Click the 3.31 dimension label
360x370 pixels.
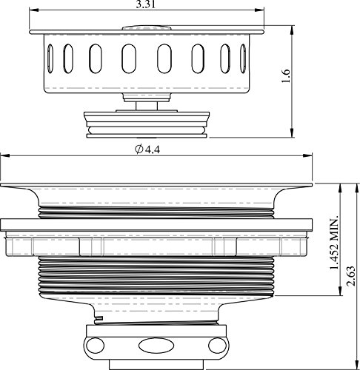[x=146, y=4]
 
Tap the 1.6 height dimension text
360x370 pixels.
[x=286, y=75]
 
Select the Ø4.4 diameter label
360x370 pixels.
[x=147, y=149]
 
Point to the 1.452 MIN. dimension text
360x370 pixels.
[x=334, y=243]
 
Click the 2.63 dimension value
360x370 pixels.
[x=350, y=276]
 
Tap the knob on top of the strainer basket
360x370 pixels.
[x=147, y=27]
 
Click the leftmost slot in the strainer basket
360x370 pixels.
[x=50, y=58]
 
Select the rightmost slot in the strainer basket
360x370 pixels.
[x=243, y=58]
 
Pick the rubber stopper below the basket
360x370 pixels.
[x=147, y=124]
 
